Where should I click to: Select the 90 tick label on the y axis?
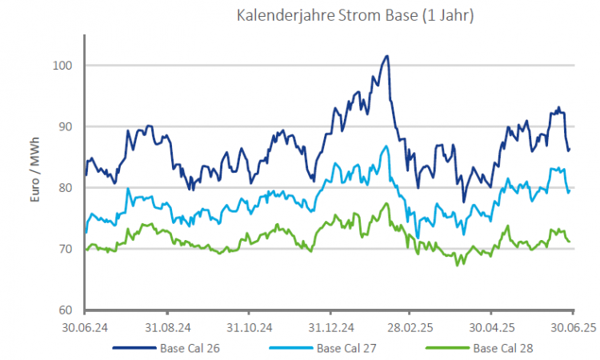[x=70, y=126]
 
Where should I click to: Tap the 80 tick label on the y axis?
[x=70, y=187]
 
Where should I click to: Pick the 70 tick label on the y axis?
[x=70, y=249]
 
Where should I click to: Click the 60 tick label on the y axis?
[x=70, y=310]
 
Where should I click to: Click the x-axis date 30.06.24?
[x=84, y=327]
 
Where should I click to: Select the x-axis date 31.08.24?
[x=166, y=327]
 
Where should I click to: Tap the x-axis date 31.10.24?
[x=248, y=327]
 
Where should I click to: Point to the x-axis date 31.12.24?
[x=330, y=327]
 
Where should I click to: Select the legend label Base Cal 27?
[x=346, y=348]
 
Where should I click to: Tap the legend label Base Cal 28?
[x=503, y=348]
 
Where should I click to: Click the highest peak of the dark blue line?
[x=387, y=56]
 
